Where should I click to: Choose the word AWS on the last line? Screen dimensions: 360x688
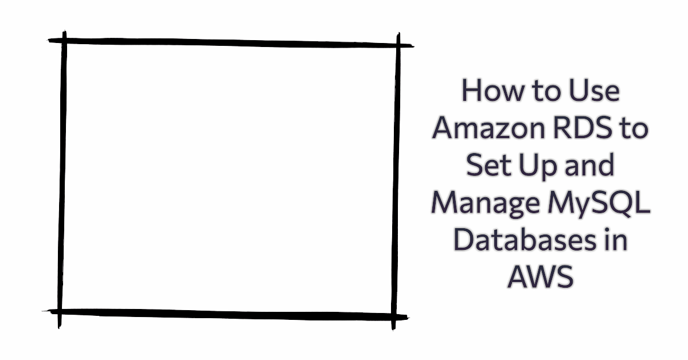click(540, 279)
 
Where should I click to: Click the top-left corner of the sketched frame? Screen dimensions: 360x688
click(64, 41)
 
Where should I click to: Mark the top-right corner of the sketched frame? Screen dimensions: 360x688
click(397, 44)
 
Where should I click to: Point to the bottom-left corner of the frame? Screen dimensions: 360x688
click(60, 312)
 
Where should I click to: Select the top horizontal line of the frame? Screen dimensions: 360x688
click(229, 42)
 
